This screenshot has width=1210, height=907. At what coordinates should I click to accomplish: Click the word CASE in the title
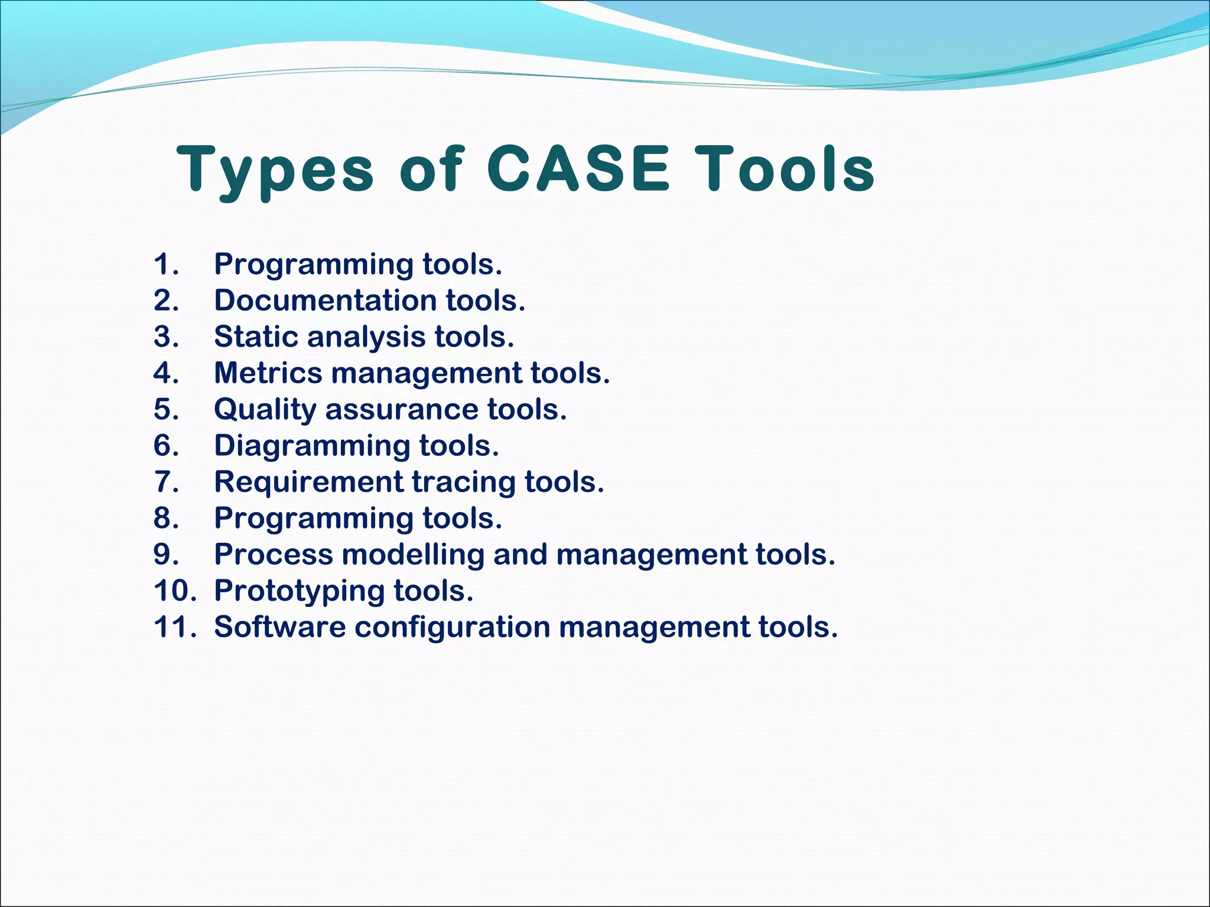[x=578, y=169]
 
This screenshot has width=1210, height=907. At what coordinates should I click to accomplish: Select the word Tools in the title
[x=784, y=169]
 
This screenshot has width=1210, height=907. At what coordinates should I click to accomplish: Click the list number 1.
[x=165, y=264]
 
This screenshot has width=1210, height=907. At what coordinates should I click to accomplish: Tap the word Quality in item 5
[x=265, y=410]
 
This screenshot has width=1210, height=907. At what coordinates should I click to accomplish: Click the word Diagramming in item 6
[x=311, y=446]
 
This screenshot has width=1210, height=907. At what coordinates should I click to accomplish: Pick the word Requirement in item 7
[x=308, y=482]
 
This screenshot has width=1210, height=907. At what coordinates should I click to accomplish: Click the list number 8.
[x=165, y=518]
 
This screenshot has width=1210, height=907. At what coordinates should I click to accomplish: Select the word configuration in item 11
[x=452, y=627]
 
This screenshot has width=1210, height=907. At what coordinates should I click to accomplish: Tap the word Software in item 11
[x=279, y=627]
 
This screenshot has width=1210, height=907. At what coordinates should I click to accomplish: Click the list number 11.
[x=174, y=627]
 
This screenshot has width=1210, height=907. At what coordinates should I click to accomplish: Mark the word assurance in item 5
[x=401, y=410]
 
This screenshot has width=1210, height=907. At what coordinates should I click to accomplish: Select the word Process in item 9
[x=274, y=554]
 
